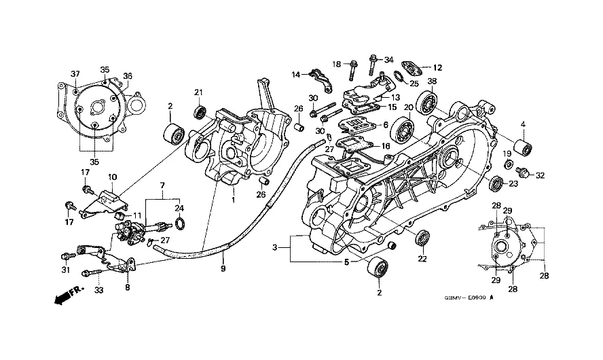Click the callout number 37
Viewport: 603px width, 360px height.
pyautogui.click(x=75, y=73)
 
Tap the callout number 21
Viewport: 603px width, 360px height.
pyautogui.click(x=199, y=92)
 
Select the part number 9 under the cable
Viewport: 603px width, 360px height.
pyautogui.click(x=222, y=268)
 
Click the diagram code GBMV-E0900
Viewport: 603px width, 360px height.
pyautogui.click(x=468, y=297)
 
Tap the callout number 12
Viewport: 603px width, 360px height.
pyautogui.click(x=438, y=67)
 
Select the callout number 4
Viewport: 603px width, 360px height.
pyautogui.click(x=523, y=124)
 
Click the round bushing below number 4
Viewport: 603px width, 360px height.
pyautogui.click(x=523, y=147)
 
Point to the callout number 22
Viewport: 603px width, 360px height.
pyautogui.click(x=422, y=259)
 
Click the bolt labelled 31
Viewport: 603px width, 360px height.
pyautogui.click(x=66, y=256)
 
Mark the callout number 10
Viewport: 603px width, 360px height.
pyautogui.click(x=112, y=177)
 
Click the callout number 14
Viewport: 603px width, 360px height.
pyautogui.click(x=296, y=74)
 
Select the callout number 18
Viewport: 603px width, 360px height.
pyautogui.click(x=337, y=64)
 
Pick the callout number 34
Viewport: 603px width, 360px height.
pyautogui.click(x=388, y=60)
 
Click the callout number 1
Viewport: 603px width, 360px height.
pyautogui.click(x=233, y=200)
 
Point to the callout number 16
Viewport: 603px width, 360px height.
pyautogui.click(x=386, y=146)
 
